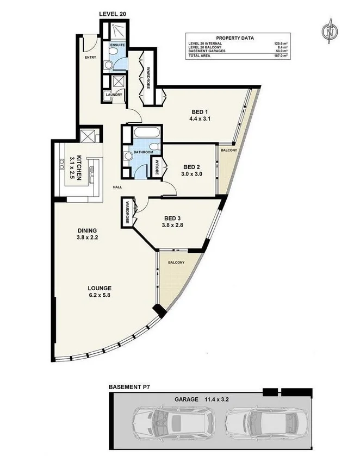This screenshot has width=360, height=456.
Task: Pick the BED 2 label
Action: (x=191, y=167)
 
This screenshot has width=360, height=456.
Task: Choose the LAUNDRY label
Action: (x=114, y=95)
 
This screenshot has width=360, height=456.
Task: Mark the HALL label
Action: (x=116, y=187)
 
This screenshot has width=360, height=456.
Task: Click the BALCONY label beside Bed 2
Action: (x=227, y=151)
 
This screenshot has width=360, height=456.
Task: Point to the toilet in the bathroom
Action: (x=154, y=147)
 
